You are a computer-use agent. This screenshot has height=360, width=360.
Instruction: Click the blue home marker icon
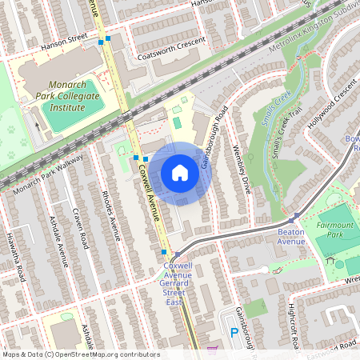click(180, 172)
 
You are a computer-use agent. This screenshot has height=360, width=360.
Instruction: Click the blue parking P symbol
click(234, 332)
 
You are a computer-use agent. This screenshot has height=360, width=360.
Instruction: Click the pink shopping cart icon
click(212, 350)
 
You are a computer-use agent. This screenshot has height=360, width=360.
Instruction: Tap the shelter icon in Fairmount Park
click(330, 260)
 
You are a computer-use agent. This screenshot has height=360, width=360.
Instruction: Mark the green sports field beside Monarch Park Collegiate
click(65, 118)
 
